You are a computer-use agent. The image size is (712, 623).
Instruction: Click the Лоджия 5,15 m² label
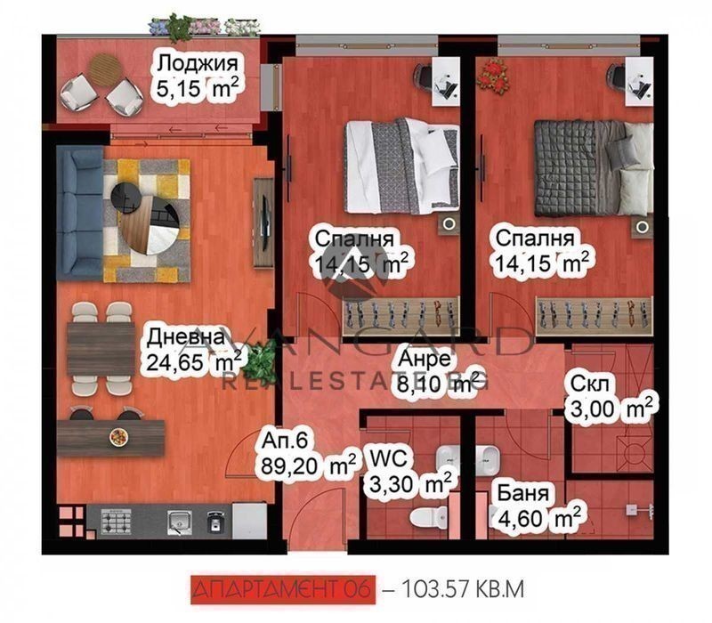198,76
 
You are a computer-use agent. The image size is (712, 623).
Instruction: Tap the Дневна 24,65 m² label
194,351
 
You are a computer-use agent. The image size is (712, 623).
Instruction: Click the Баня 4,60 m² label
538,506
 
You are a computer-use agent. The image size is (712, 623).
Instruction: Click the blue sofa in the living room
80,213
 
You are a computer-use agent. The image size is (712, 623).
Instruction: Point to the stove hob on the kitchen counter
117,522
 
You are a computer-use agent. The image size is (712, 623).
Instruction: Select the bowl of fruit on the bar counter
119,437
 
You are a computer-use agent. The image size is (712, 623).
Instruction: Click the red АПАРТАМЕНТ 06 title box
283,589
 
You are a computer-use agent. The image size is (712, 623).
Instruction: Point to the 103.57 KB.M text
463,589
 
